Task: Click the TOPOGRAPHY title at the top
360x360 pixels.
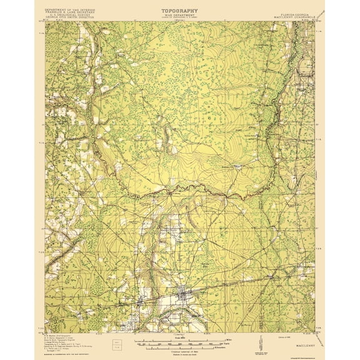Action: tap(179, 11)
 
